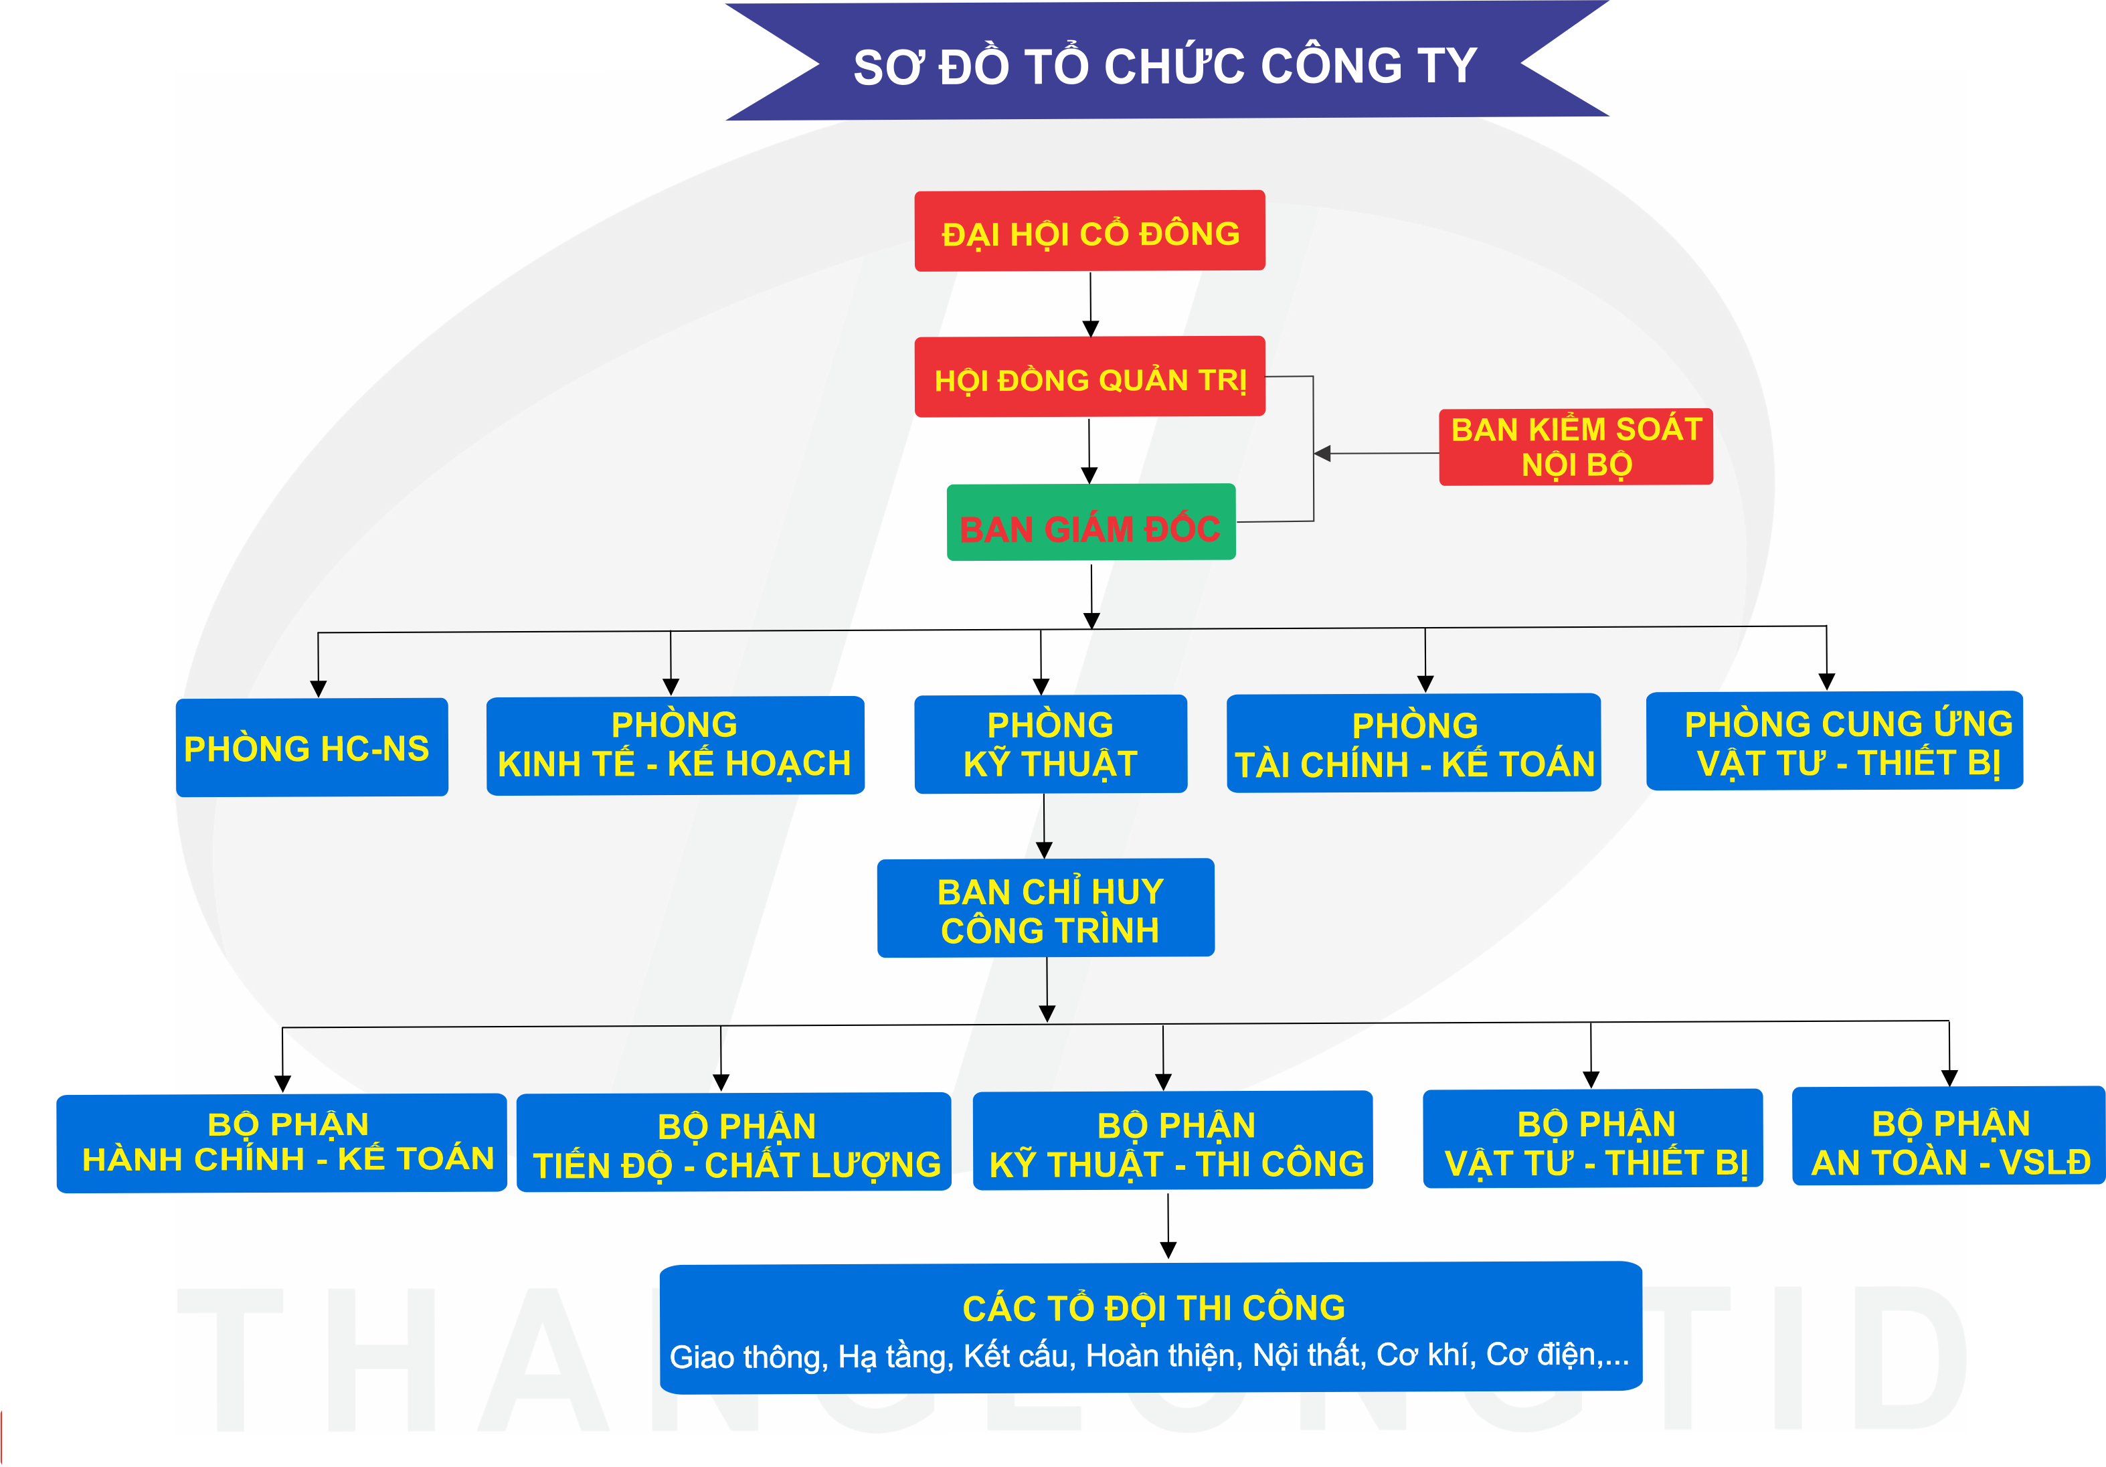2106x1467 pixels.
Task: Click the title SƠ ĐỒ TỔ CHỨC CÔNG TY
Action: coord(1165,66)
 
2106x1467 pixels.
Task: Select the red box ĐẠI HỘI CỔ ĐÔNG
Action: coord(1089,231)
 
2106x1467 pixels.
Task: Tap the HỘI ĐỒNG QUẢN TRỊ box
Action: coord(1089,377)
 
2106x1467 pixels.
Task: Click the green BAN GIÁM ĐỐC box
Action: coord(1091,523)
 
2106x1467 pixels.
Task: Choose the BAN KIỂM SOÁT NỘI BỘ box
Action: coord(1576,447)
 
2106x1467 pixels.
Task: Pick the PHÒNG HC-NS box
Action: coord(311,748)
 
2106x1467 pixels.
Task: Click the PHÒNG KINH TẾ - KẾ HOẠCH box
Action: coord(675,745)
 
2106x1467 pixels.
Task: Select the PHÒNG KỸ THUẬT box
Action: coord(1050,744)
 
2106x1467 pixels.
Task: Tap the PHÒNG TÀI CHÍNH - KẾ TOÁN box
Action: coord(1413,743)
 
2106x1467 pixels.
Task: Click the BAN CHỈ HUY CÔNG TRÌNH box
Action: coord(1046,908)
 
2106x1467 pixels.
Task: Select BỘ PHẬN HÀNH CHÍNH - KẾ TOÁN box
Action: coord(282,1143)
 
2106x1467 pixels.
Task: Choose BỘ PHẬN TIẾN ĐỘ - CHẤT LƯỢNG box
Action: coord(734,1143)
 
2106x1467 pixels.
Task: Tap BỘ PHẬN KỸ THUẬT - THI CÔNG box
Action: coord(1172,1141)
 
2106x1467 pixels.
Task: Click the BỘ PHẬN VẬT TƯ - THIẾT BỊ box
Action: coord(1592,1140)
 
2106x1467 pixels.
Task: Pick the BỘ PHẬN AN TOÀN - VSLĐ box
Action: coord(1948,1138)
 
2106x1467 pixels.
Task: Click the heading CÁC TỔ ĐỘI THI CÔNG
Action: coord(1153,1307)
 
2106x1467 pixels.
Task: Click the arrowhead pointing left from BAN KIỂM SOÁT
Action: coord(1322,453)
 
